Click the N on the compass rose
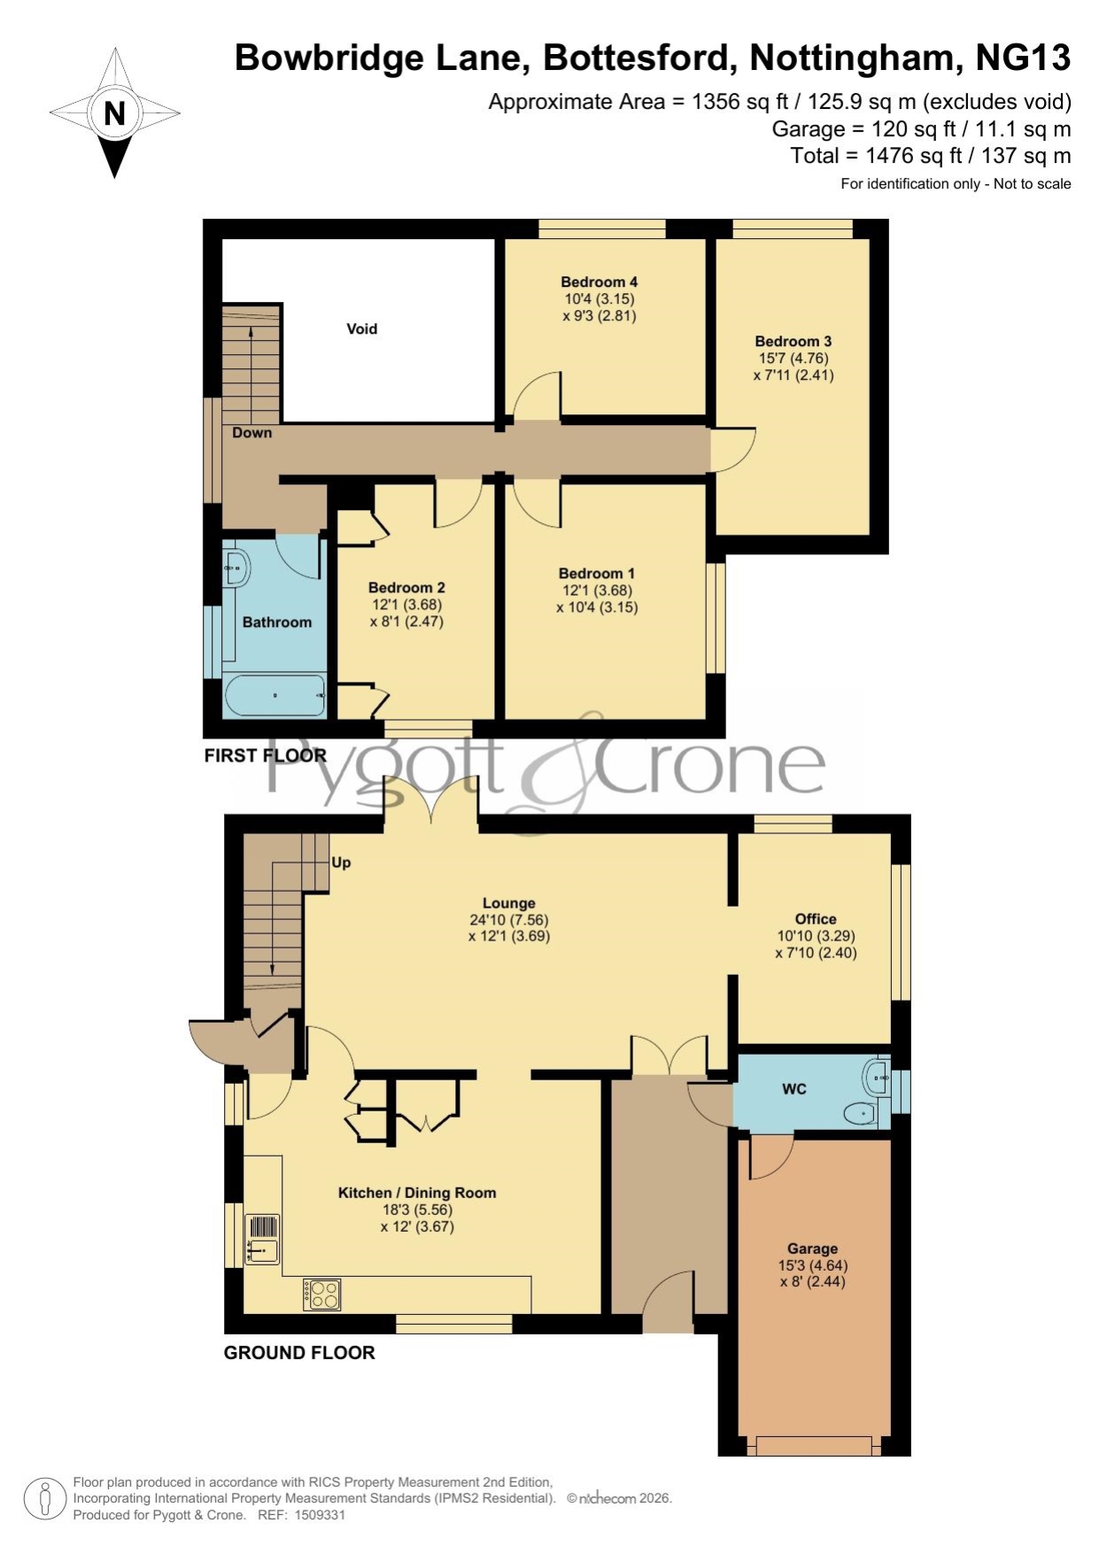(x=114, y=113)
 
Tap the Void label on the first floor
(x=361, y=329)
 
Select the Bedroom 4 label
(x=600, y=282)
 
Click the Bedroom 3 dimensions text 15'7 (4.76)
(x=793, y=359)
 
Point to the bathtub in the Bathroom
(x=275, y=695)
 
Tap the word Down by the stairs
(x=252, y=433)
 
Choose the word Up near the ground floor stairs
(x=341, y=862)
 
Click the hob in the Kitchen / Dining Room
(x=321, y=1295)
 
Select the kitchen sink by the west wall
(x=262, y=1239)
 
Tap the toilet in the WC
(x=860, y=1113)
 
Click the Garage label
(x=812, y=1249)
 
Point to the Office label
(x=816, y=919)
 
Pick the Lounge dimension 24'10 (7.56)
(x=509, y=919)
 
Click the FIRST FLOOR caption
(x=266, y=755)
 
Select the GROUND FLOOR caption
(x=299, y=1352)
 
